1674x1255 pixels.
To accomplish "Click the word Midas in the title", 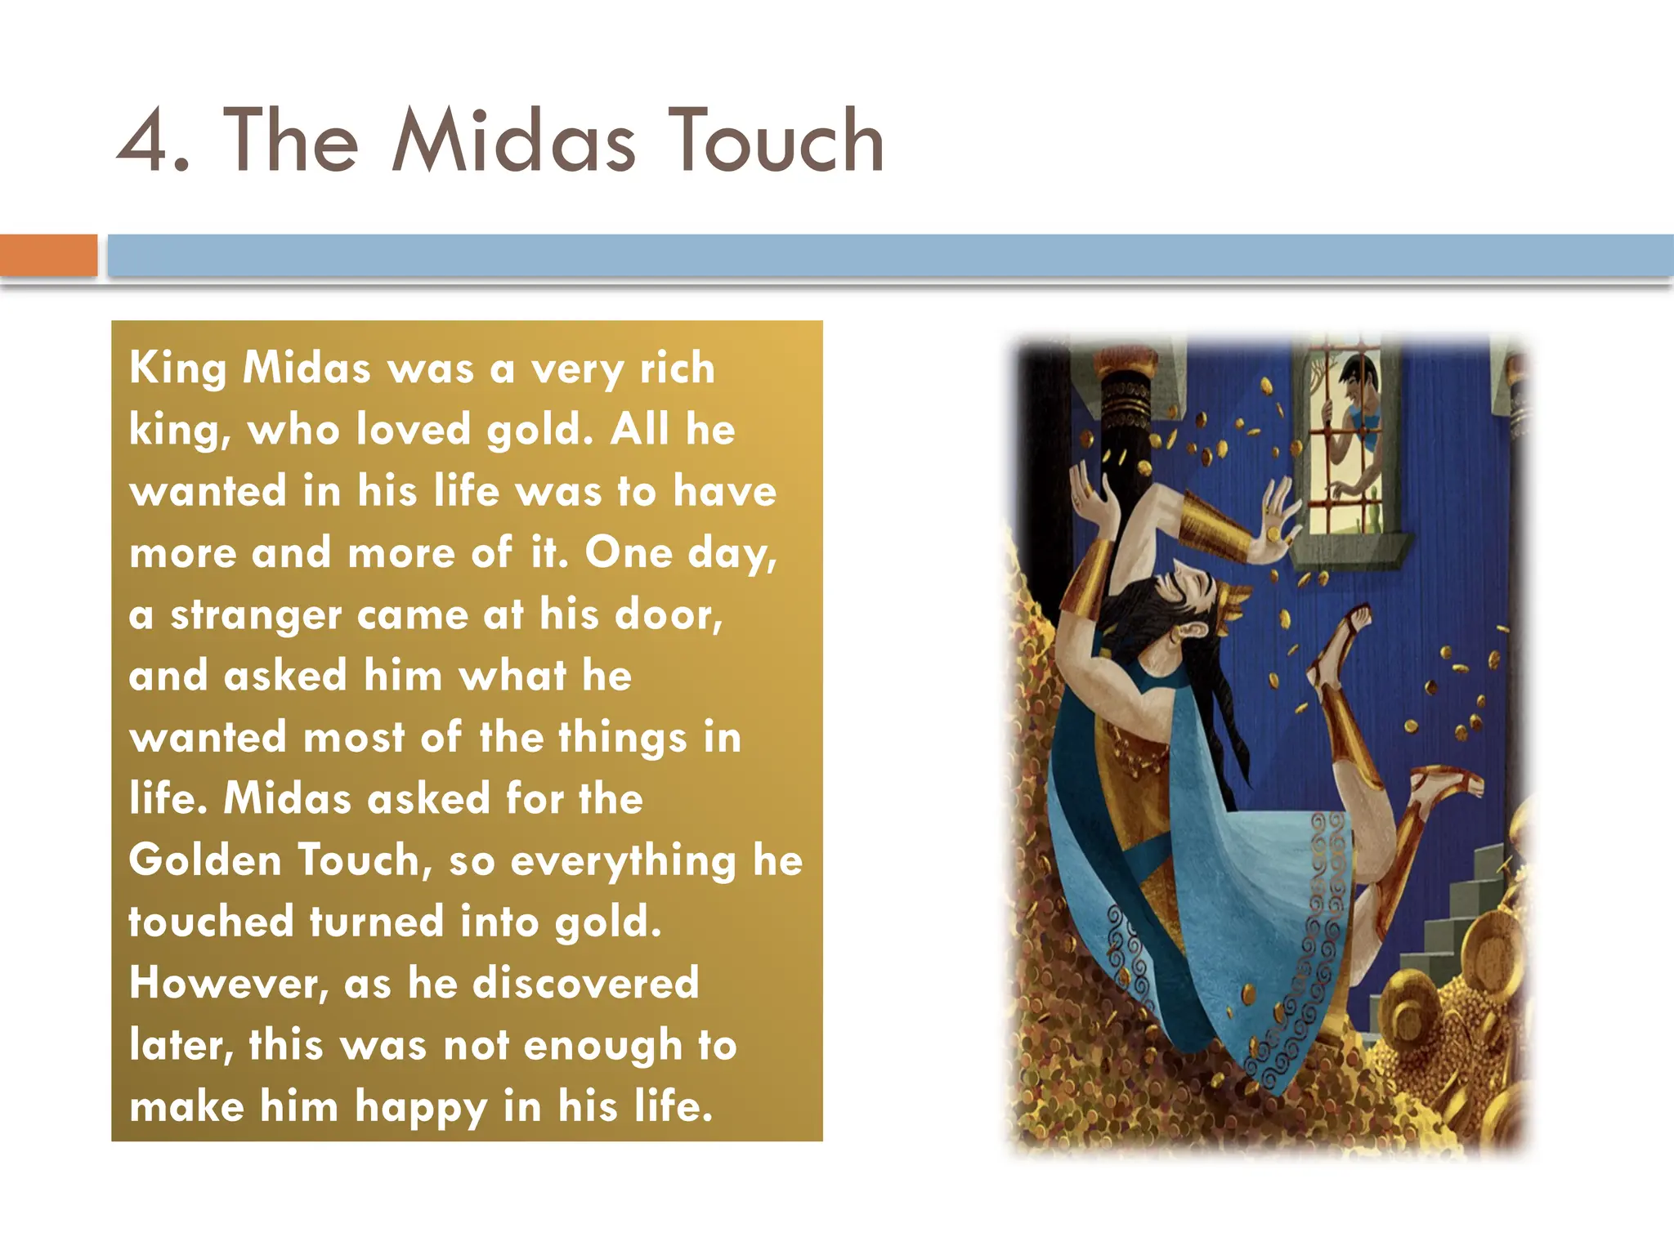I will pos(512,141).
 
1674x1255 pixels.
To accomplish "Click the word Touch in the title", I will pos(776,141).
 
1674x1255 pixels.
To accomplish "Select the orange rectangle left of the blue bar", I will pos(48,255).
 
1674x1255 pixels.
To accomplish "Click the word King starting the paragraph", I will pos(177,368).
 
